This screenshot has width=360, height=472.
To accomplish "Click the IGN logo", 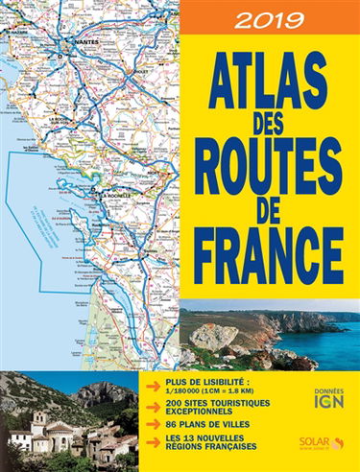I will pyautogui.click(x=332, y=403).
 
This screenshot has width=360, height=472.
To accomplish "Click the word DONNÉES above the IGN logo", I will pyautogui.click(x=332, y=389).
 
